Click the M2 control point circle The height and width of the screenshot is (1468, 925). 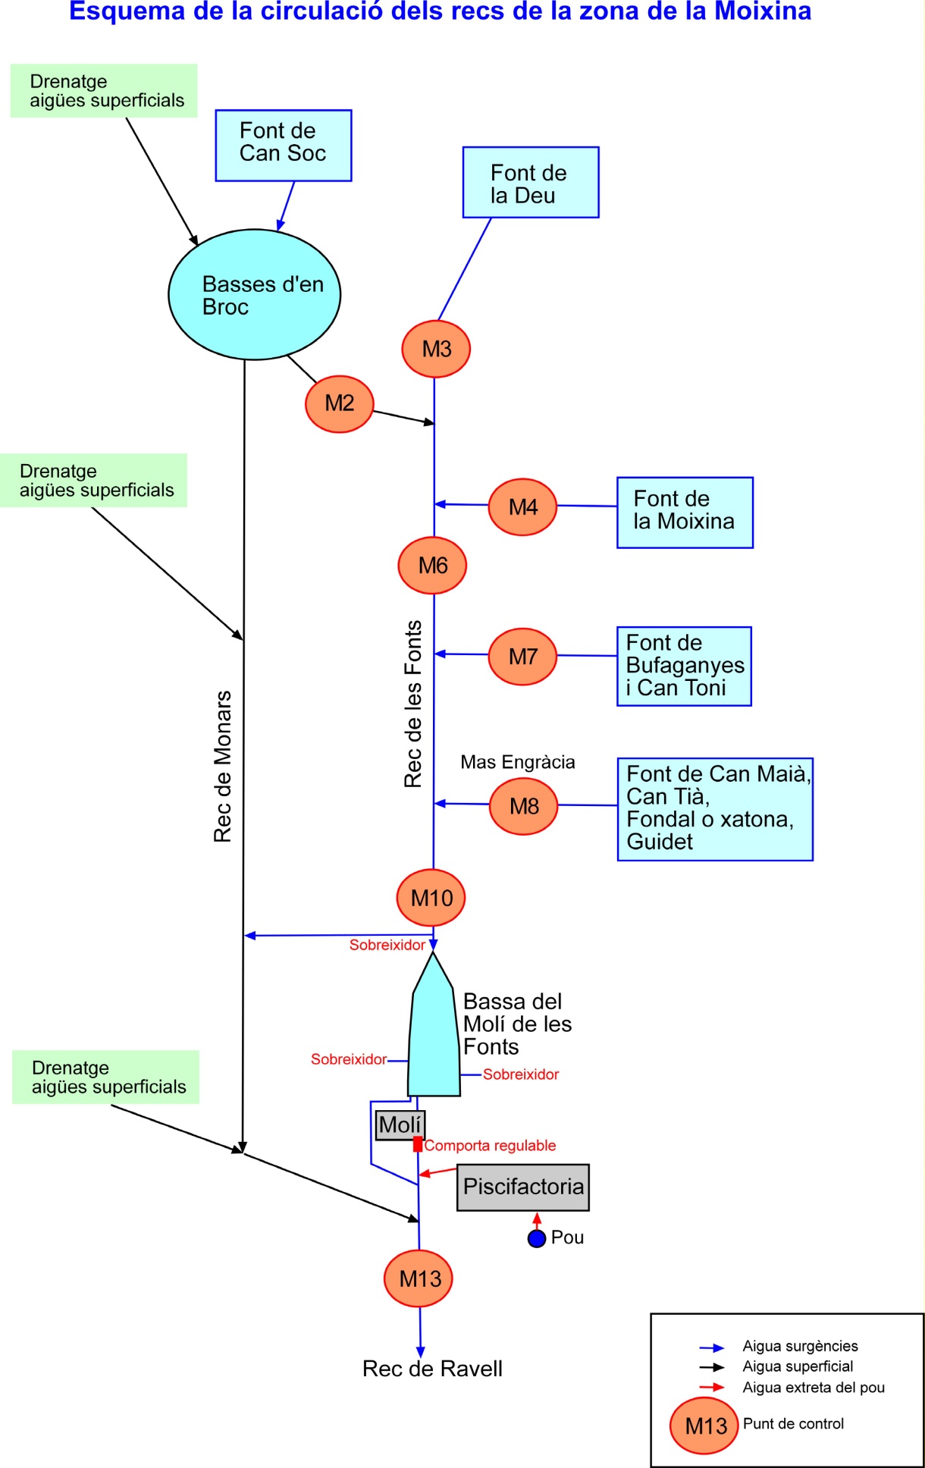(340, 404)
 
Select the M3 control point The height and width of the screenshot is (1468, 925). (436, 349)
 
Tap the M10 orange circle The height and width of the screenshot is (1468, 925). (431, 898)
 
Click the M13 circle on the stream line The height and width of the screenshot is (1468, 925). (419, 1278)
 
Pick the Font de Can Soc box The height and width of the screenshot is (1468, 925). (284, 146)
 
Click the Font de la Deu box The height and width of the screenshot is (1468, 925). (531, 183)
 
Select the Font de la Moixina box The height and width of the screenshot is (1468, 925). (685, 513)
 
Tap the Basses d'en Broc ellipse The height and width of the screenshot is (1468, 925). (255, 295)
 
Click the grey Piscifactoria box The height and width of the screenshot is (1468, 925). (523, 1187)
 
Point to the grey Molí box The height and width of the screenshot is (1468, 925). (400, 1125)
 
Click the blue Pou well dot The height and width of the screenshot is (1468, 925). (537, 1238)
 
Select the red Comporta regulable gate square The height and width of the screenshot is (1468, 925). (418, 1144)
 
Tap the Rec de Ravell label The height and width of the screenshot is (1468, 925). (432, 1369)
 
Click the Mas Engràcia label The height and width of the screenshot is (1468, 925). (518, 762)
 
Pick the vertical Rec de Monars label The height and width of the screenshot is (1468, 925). (222, 767)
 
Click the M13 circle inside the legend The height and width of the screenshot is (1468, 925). (704, 1426)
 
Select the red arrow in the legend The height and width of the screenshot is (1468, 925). (712, 1387)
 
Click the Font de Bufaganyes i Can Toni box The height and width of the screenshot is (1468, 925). (685, 667)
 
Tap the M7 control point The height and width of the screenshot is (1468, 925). (522, 657)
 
